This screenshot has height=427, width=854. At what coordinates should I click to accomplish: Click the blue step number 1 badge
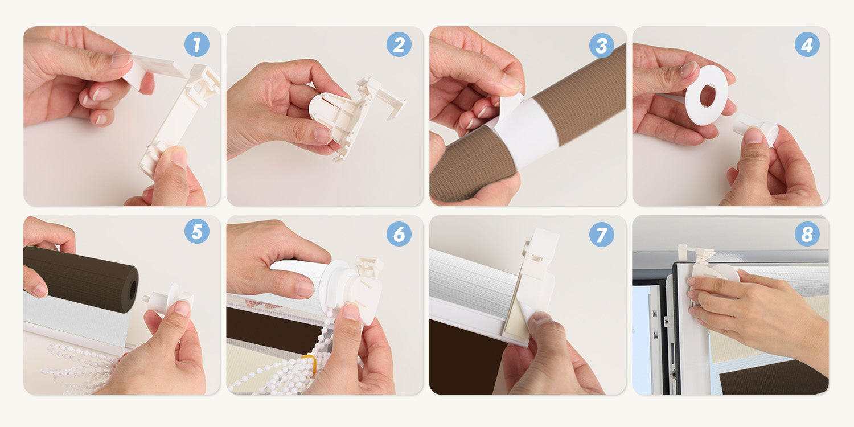pyautogui.click(x=197, y=44)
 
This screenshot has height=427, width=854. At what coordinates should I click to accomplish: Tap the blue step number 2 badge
pyautogui.click(x=399, y=44)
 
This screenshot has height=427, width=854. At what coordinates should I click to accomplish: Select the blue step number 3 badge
pyautogui.click(x=601, y=46)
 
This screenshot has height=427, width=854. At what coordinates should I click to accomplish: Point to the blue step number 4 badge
pyautogui.click(x=807, y=44)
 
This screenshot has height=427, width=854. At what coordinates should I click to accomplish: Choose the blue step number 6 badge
pyautogui.click(x=399, y=233)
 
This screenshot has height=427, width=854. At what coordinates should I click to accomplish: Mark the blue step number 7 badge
pyautogui.click(x=601, y=234)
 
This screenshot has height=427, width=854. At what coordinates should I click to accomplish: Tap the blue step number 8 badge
pyautogui.click(x=807, y=233)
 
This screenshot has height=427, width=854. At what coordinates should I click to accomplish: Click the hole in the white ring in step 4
pyautogui.click(x=708, y=96)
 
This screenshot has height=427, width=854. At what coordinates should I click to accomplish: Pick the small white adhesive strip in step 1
pyautogui.click(x=154, y=69)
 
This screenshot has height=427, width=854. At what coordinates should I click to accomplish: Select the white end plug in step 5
pyautogui.click(x=168, y=299)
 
